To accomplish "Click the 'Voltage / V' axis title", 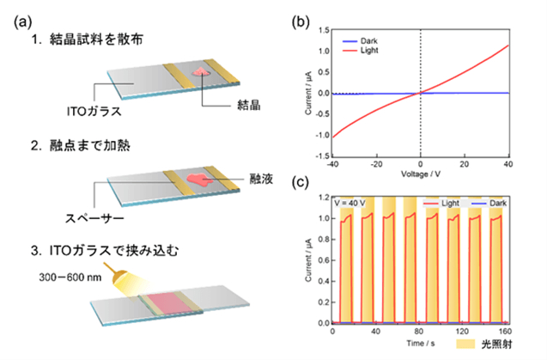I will coord(421,174).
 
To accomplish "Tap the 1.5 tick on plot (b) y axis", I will coord(319,29).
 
